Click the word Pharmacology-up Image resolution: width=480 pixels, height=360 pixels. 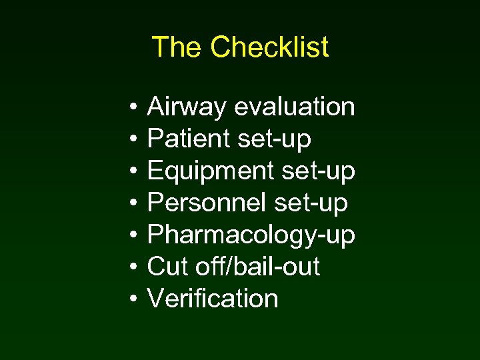tap(251, 235)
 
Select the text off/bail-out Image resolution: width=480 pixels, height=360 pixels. tap(258, 267)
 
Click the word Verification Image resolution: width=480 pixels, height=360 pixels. tap(212, 299)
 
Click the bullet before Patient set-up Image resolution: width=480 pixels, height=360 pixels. tap(134, 139)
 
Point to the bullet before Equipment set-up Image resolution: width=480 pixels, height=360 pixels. tap(134, 171)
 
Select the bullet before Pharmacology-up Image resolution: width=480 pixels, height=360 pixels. tap(134, 235)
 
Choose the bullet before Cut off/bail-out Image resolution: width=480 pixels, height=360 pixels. tap(134, 267)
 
